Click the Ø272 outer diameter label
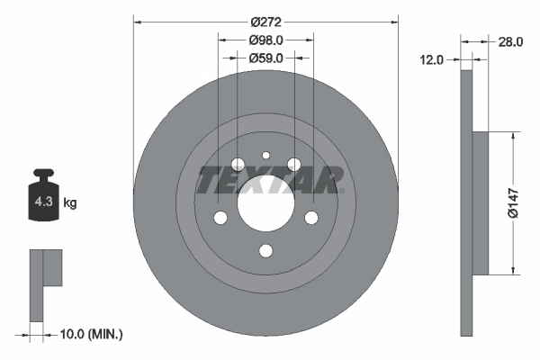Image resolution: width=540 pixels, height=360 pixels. click(x=265, y=22)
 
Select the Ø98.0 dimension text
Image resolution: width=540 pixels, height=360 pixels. click(x=265, y=40)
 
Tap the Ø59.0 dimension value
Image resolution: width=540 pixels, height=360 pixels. click(x=265, y=58)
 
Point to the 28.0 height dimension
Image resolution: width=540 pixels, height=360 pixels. click(x=510, y=41)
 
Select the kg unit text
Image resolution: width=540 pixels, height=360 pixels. click(x=70, y=203)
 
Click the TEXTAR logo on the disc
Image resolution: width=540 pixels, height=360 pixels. click(x=267, y=180)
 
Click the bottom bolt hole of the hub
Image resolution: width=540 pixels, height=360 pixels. click(x=265, y=251)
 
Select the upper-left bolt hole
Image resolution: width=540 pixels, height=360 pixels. click(x=238, y=165)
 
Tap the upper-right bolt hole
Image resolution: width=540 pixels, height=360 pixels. click(x=293, y=165)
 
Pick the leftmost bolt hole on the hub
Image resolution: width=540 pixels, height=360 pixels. click(x=220, y=218)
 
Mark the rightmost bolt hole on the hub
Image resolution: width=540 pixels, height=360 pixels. click(x=311, y=218)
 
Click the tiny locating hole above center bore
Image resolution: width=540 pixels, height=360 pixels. click(x=265, y=155)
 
